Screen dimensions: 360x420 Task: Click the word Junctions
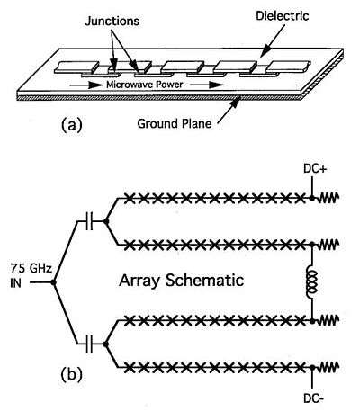[x=112, y=21]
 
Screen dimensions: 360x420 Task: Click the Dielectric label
[x=283, y=15]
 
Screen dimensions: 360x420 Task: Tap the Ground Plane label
[x=175, y=123]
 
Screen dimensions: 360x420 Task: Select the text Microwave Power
[x=145, y=85]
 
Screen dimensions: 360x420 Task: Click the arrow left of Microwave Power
[x=86, y=85]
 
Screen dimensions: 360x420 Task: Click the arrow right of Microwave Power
[x=206, y=85]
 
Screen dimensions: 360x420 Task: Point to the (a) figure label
[x=71, y=124]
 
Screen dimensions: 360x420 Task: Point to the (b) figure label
[x=71, y=375]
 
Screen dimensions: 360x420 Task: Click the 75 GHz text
[x=31, y=268]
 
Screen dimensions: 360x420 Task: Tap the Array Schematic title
[x=181, y=281]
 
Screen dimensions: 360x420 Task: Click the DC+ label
[x=315, y=169]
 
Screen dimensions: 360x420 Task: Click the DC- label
[x=314, y=398]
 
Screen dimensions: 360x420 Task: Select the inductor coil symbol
[x=312, y=282]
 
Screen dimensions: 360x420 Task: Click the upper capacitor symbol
[x=89, y=221]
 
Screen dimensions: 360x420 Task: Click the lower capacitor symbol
[x=89, y=344]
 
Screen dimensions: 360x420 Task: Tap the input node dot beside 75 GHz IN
[x=53, y=282]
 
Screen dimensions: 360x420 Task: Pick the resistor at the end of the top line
[x=328, y=198]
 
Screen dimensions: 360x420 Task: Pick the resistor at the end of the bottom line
[x=328, y=367]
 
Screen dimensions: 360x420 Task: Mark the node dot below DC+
[x=312, y=198]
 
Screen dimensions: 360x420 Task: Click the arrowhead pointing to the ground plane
[x=235, y=103]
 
